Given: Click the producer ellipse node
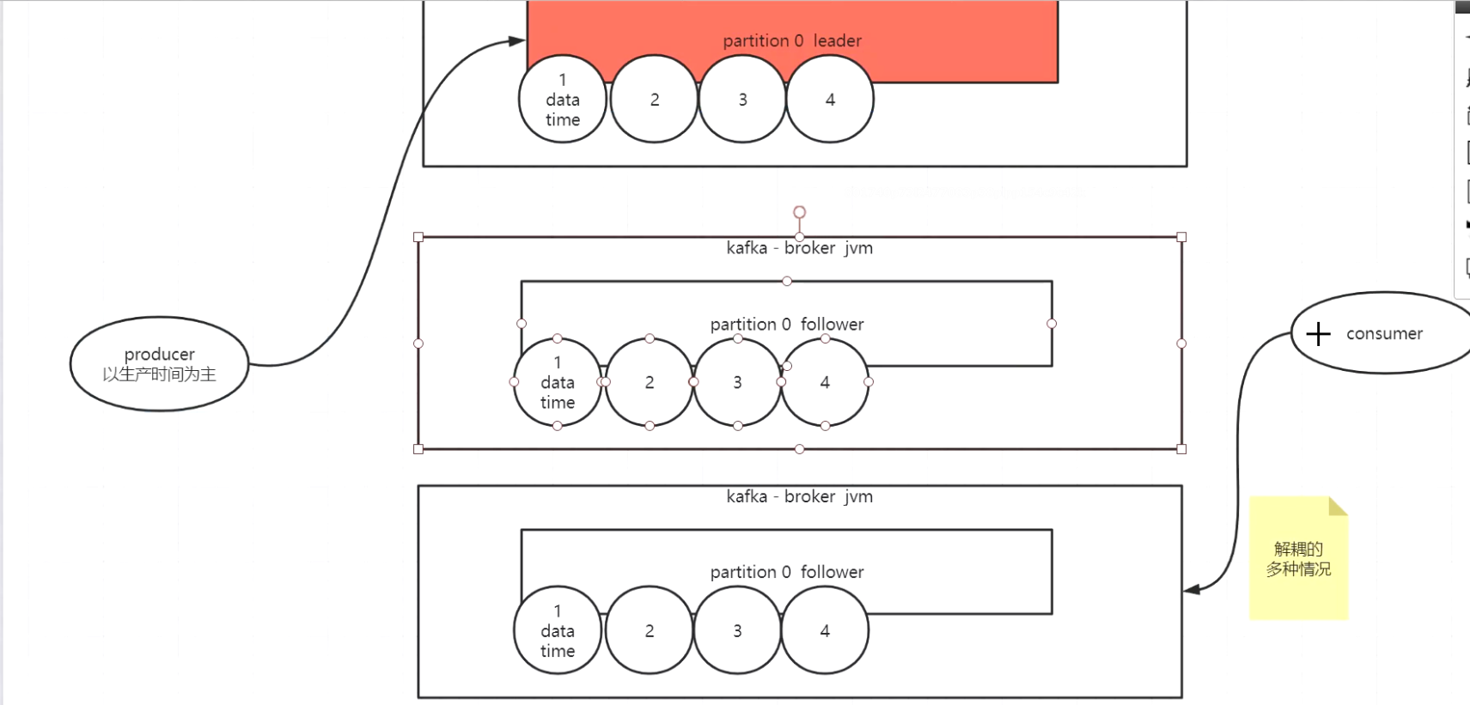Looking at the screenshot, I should click(159, 364).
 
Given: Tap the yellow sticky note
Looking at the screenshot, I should click(1298, 558).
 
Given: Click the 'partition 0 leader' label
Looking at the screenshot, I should click(791, 40).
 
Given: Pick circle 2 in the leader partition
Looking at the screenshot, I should click(655, 100).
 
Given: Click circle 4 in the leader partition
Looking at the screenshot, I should click(830, 100).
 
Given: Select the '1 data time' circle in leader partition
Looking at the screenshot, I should click(563, 100).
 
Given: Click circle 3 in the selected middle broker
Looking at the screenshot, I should click(737, 382).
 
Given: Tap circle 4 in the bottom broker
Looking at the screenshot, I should click(825, 631).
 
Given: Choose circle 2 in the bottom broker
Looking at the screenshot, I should click(650, 631).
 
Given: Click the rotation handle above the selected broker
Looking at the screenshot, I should click(799, 212).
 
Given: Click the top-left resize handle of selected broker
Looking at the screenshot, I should click(418, 237).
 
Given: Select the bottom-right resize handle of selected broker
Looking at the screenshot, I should click(1181, 449).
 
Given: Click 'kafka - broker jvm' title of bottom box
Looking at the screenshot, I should click(799, 496).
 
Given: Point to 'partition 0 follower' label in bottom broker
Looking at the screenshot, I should click(786, 572).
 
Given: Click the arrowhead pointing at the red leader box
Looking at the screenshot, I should click(516, 40).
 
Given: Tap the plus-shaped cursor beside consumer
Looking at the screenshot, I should click(1318, 334).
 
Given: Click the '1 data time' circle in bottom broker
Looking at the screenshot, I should click(558, 631).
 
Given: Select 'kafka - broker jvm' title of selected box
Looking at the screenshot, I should click(799, 248).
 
